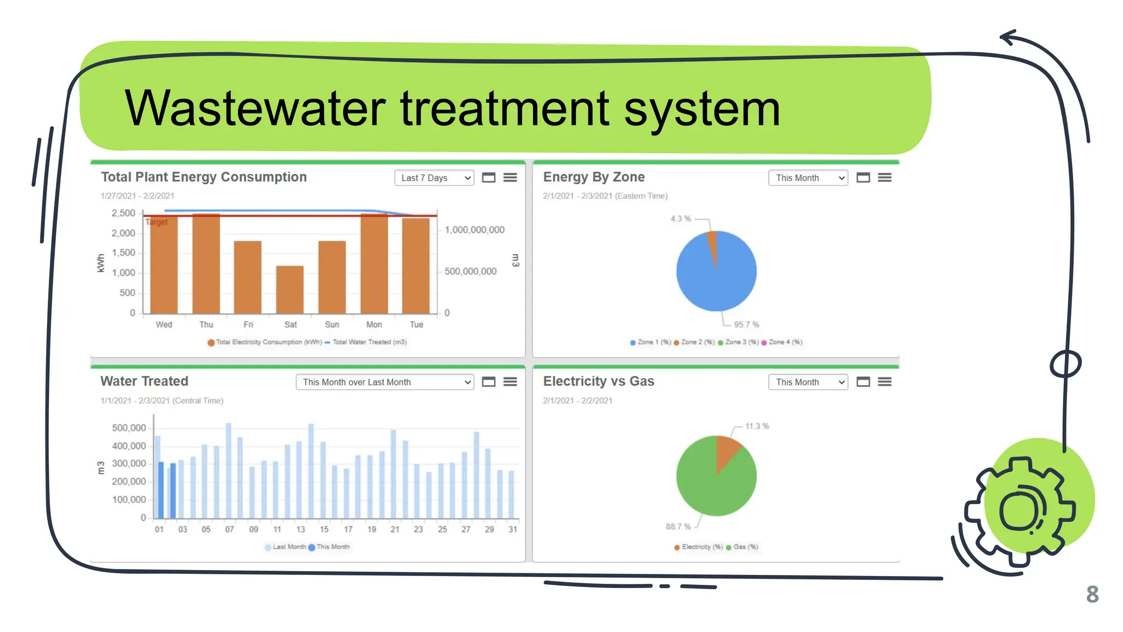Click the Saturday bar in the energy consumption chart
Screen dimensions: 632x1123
290,289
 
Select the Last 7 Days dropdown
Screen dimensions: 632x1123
434,178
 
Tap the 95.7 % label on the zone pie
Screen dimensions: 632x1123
746,325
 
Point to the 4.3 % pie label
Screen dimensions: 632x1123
680,219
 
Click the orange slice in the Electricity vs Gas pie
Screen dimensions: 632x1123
726,451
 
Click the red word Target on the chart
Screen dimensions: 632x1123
157,222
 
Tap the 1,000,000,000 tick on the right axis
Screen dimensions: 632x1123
474,230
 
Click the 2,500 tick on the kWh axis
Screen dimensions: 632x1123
123,213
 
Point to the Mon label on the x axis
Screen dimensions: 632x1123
374,325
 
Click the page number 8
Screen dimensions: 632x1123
1092,595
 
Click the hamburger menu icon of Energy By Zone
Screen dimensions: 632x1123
884,178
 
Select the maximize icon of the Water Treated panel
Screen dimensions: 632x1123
489,382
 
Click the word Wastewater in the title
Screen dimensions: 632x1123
255,108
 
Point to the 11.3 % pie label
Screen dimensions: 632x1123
757,426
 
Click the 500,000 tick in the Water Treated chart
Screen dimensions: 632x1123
129,428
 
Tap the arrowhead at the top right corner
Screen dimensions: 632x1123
1008,37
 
